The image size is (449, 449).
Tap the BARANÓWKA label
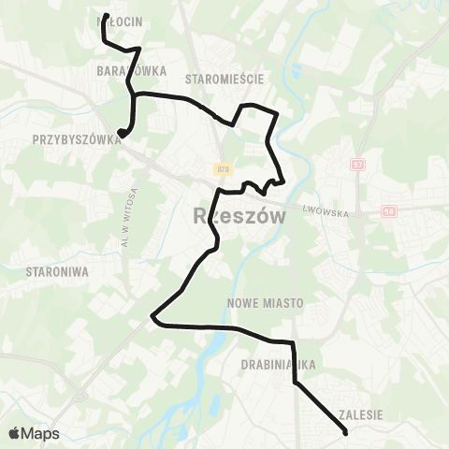131,70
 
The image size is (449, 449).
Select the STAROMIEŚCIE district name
224,79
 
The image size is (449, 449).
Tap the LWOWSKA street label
325,213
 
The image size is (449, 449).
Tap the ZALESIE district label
358,413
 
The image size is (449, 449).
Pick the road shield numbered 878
223,168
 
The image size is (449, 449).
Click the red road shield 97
356,165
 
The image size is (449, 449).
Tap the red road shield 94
388,212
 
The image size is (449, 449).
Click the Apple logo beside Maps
14,433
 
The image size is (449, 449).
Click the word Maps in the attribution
41,434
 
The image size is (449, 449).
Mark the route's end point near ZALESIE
346,432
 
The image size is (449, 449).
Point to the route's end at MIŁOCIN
101,17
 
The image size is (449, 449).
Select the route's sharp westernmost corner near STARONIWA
152,318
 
